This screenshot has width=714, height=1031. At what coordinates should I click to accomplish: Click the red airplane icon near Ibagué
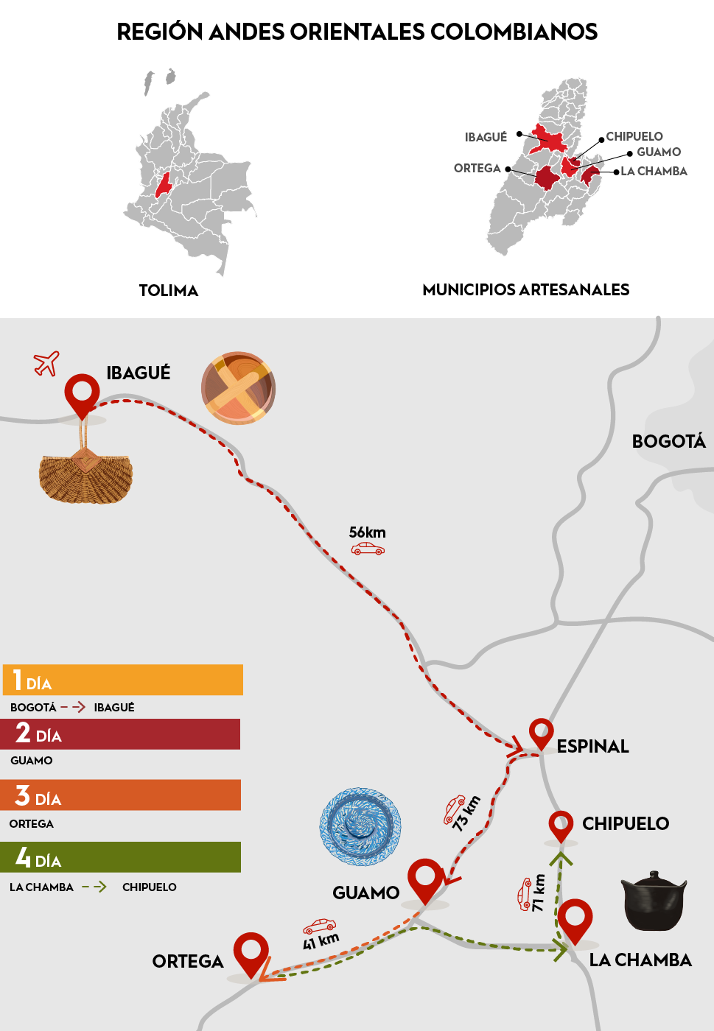point(46,363)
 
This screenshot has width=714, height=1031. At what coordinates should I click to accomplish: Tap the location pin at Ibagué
point(82,393)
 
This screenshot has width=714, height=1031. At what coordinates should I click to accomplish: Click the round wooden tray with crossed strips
point(238,388)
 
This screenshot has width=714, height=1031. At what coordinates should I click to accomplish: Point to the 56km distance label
point(367,532)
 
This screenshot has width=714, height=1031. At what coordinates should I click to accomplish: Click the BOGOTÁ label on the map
point(668,441)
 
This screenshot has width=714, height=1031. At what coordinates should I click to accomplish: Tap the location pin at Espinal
point(541,733)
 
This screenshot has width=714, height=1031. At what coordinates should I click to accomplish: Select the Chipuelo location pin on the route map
point(561,825)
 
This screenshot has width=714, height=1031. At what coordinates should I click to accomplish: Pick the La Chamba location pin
point(575,920)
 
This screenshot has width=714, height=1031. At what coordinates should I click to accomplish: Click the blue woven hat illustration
point(360,826)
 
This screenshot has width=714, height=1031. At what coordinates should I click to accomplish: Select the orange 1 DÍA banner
point(122,680)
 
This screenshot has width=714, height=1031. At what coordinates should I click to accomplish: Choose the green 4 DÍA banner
point(121,857)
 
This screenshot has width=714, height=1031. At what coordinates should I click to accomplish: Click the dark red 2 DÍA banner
point(121,734)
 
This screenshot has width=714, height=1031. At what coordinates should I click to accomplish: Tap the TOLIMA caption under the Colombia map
point(169,290)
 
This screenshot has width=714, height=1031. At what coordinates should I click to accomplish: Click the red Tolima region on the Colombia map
point(163,185)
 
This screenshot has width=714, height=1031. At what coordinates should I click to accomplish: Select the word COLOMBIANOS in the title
point(514,32)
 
